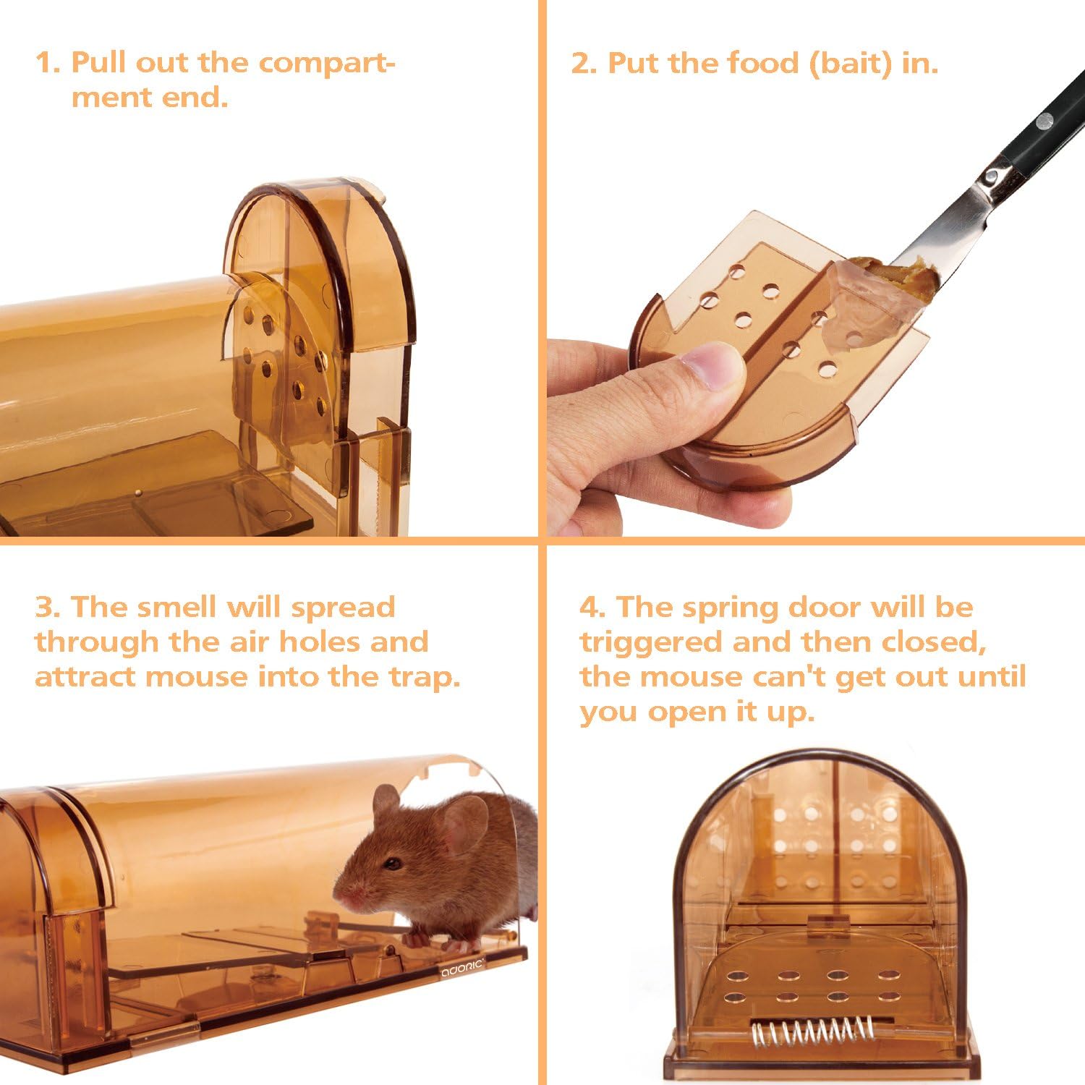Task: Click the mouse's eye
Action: [393, 864]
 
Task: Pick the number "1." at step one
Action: [48, 64]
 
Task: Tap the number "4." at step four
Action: [592, 607]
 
